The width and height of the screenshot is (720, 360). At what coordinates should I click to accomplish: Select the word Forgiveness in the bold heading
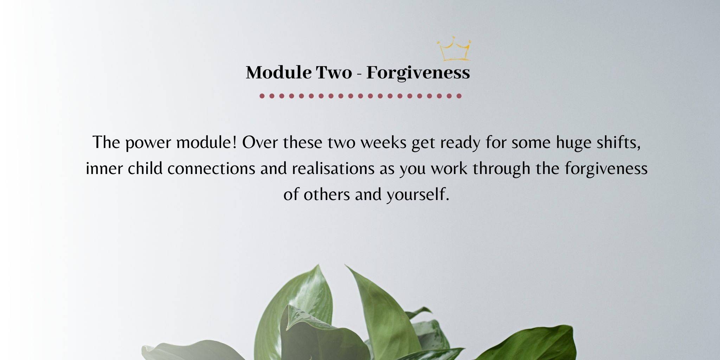[x=418, y=73]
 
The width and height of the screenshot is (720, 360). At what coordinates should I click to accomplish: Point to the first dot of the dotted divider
[x=262, y=96]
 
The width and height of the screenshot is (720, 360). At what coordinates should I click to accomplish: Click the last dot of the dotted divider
[x=459, y=96]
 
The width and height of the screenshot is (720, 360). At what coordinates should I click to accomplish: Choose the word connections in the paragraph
[x=211, y=168]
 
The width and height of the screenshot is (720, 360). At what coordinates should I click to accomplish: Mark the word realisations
[x=333, y=168]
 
